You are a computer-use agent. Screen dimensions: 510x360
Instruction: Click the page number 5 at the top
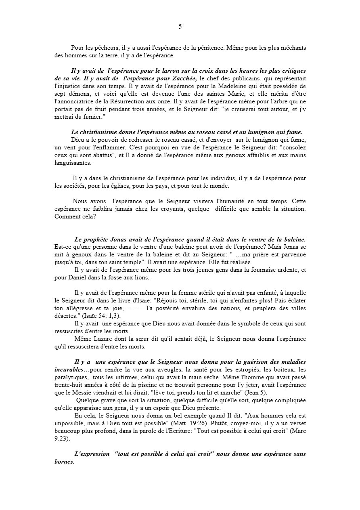[180, 27]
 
